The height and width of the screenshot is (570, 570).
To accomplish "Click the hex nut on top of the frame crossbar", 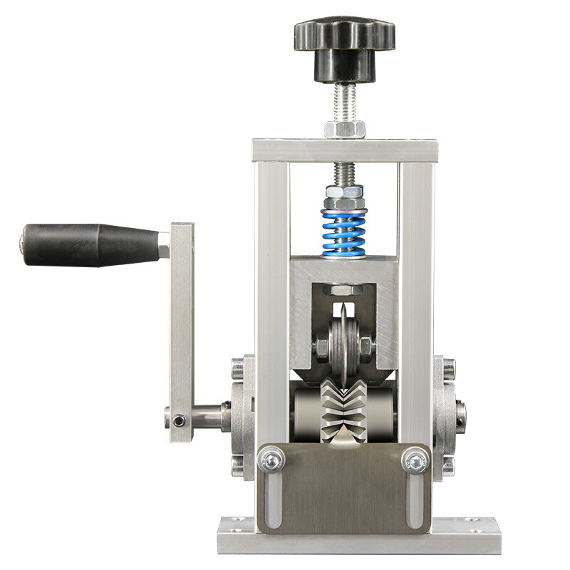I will (x=345, y=129).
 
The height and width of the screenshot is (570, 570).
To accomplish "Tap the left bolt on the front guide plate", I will (x=271, y=460).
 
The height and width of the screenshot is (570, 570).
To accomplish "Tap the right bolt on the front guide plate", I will (x=416, y=460).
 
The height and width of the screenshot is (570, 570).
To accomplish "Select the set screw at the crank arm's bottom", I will (x=179, y=420).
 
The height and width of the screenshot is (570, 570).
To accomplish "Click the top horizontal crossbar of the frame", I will (x=345, y=150).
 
